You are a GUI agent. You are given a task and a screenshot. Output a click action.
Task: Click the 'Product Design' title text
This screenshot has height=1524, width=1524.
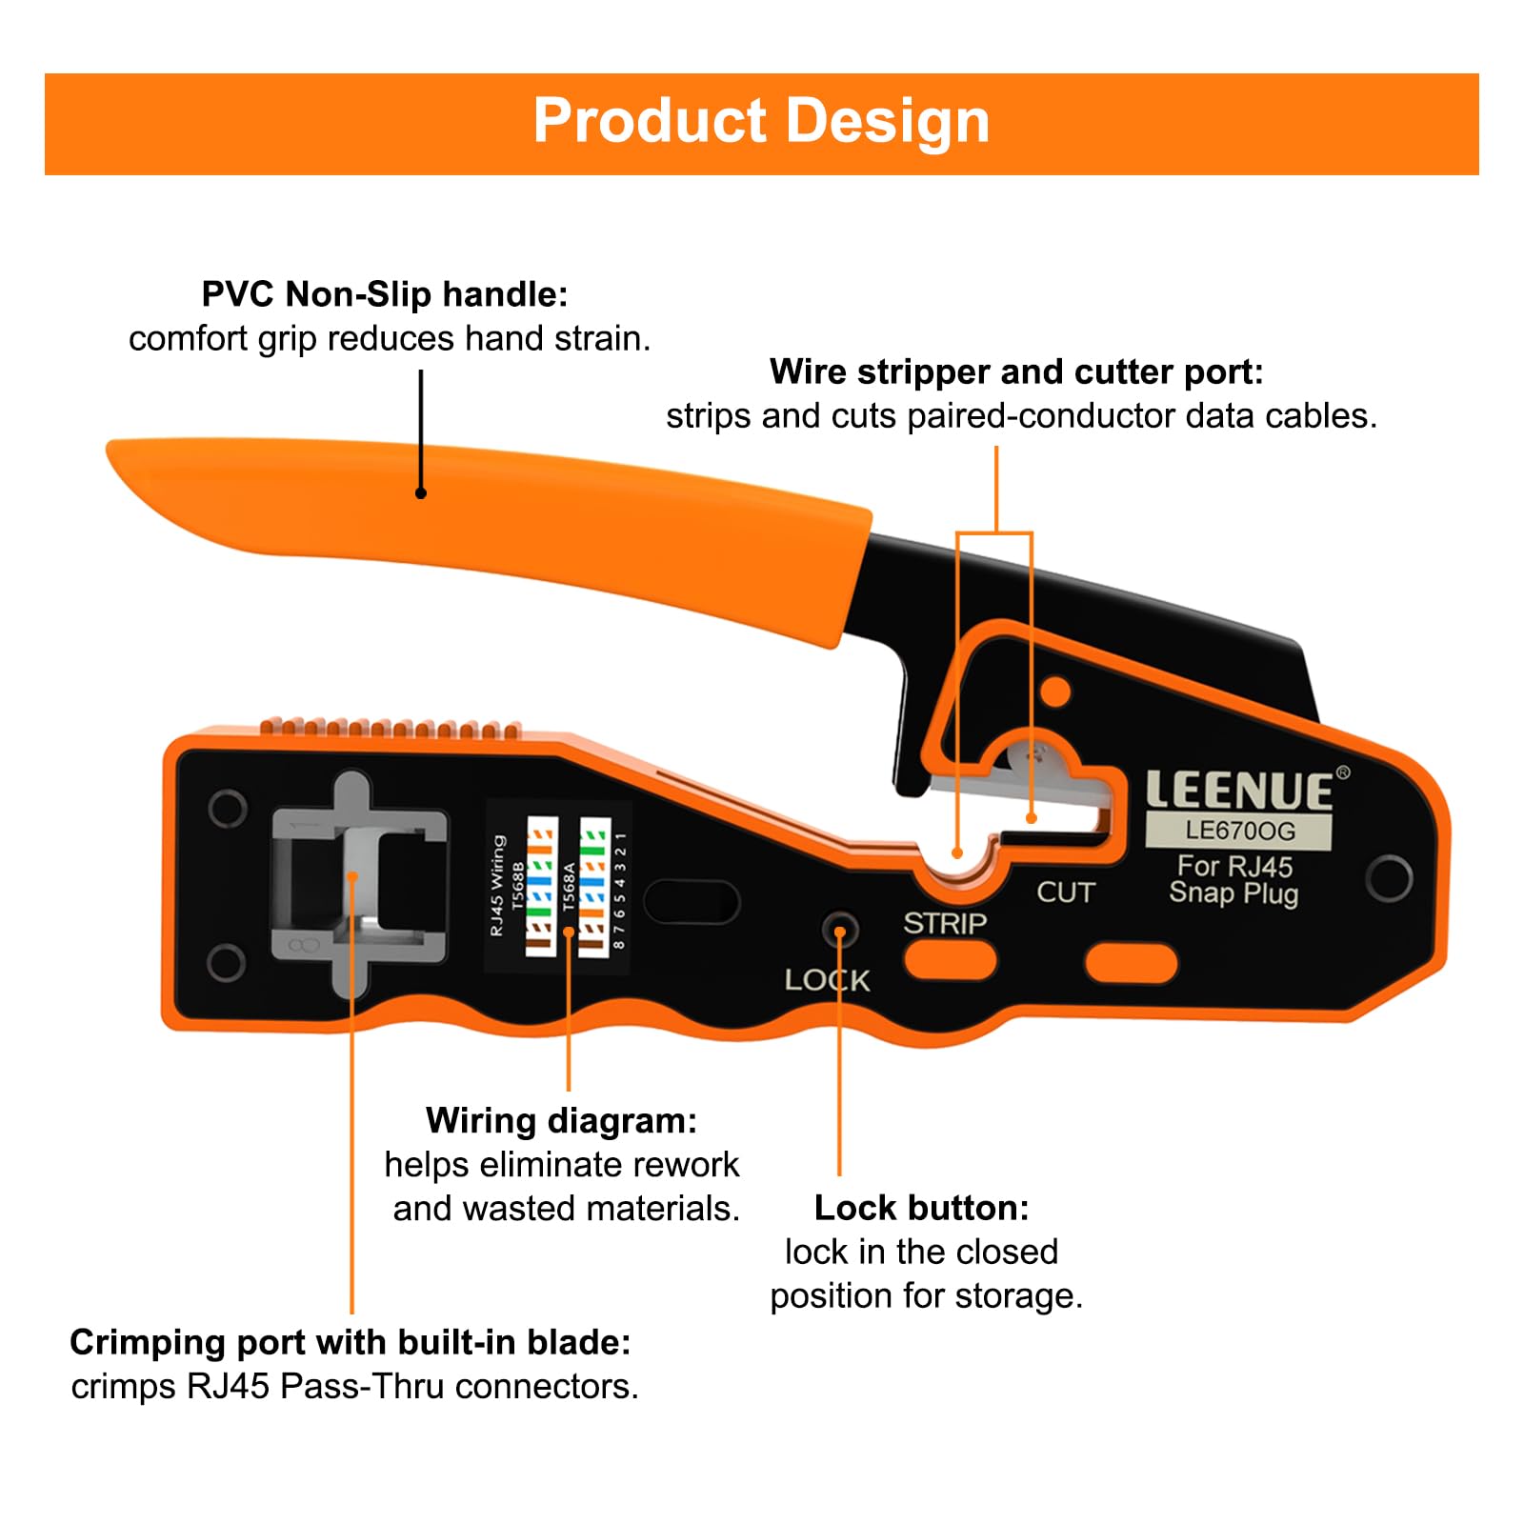[x=761, y=121]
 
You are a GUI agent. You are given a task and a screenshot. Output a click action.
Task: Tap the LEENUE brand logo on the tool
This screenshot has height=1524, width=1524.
[x=1238, y=791]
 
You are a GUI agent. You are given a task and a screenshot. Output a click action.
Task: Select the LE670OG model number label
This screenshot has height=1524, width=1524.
[x=1239, y=831]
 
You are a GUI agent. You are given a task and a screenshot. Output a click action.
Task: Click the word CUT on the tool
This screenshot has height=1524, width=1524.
[x=1066, y=892]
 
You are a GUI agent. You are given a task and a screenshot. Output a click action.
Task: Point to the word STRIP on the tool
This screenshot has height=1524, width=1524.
[x=944, y=923]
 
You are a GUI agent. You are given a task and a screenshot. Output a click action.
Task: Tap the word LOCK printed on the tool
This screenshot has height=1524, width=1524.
[x=827, y=980]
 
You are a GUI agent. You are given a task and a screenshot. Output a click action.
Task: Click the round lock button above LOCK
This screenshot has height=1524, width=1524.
[x=839, y=929]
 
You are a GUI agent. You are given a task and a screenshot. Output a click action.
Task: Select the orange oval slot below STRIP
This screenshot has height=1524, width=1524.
[x=950, y=960]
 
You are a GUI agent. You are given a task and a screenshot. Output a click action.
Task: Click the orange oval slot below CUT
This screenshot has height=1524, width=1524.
[x=1131, y=963]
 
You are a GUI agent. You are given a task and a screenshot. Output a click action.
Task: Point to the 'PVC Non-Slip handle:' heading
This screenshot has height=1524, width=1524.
[x=385, y=294]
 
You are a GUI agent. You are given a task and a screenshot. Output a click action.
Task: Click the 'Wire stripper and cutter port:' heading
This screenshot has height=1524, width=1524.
[x=1016, y=371]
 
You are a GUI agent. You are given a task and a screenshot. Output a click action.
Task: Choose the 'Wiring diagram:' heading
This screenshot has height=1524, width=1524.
[x=561, y=1120]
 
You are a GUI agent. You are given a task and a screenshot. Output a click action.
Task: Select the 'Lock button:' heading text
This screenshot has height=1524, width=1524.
[x=921, y=1208]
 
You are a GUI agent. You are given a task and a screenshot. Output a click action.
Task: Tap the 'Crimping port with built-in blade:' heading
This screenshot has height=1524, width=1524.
[x=351, y=1342]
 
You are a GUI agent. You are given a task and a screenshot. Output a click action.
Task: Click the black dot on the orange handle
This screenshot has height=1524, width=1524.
[x=421, y=492]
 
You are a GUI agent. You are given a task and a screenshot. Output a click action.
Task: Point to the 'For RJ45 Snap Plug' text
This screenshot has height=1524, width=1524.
[x=1233, y=879]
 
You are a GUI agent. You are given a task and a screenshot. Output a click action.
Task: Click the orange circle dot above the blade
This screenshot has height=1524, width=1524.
[x=1055, y=692]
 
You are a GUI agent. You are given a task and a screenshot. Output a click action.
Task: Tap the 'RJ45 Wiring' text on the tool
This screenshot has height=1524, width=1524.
[x=497, y=886]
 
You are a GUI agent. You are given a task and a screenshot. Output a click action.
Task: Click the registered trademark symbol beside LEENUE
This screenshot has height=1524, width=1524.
[x=1343, y=772]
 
